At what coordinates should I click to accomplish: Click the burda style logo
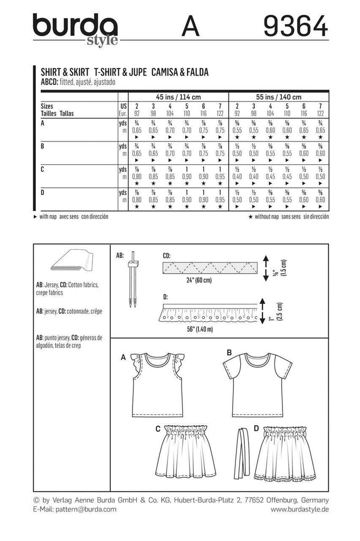click(75, 29)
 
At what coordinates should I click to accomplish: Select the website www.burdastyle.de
click(299, 509)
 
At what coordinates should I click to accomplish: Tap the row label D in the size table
click(43, 192)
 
